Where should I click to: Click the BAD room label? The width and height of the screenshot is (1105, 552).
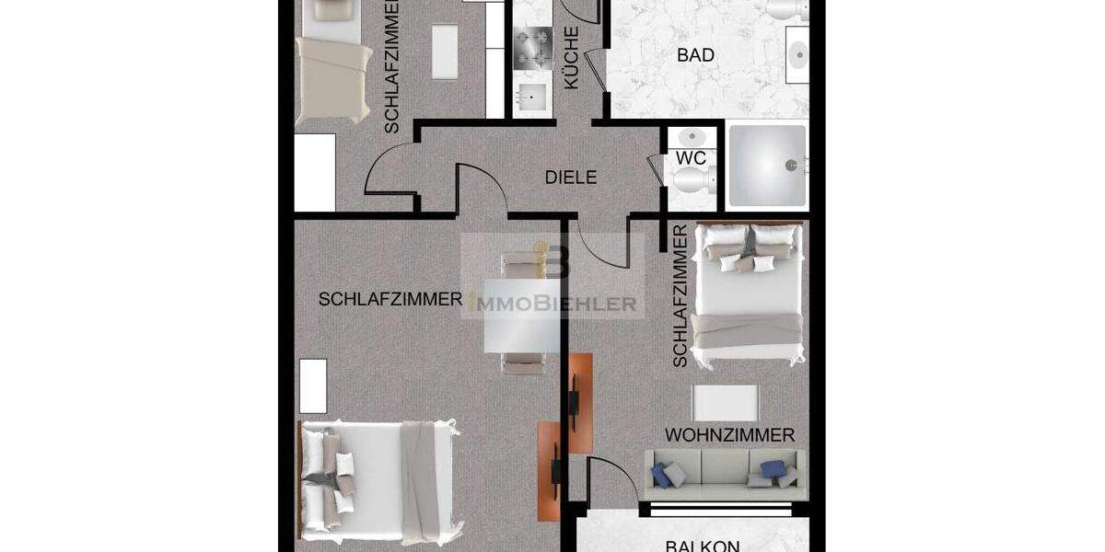point(695,55)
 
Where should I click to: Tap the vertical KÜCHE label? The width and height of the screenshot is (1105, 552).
point(571,57)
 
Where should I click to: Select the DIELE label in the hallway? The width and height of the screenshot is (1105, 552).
point(571,178)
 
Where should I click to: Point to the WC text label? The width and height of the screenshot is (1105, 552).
point(691,158)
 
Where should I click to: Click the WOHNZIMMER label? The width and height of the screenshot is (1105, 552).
point(730,434)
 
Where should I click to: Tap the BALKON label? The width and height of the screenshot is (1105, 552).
point(703,545)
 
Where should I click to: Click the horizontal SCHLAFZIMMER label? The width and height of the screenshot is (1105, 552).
point(390,299)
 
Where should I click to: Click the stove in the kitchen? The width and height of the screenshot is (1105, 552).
point(531,49)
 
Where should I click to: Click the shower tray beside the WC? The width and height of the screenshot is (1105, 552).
point(767,167)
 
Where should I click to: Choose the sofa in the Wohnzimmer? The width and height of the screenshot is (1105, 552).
point(724,470)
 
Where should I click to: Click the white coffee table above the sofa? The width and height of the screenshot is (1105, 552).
point(726,402)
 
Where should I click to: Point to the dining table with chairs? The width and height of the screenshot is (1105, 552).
point(521,313)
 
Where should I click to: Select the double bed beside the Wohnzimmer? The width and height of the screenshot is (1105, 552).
point(747,291)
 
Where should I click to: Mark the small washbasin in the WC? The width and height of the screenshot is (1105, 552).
point(690,138)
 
